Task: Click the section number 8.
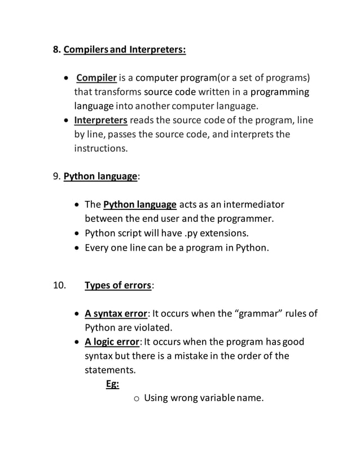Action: coord(56,50)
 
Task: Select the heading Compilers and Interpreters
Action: coord(125,50)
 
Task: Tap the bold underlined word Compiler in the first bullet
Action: coord(96,77)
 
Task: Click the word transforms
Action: coord(118,91)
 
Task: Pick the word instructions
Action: coord(101,149)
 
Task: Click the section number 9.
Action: coord(56,177)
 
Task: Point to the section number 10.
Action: coord(59,285)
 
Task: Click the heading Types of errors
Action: coord(118,285)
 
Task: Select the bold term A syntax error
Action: coord(116,314)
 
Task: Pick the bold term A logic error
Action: coord(112,342)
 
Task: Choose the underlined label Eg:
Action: coord(112,384)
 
